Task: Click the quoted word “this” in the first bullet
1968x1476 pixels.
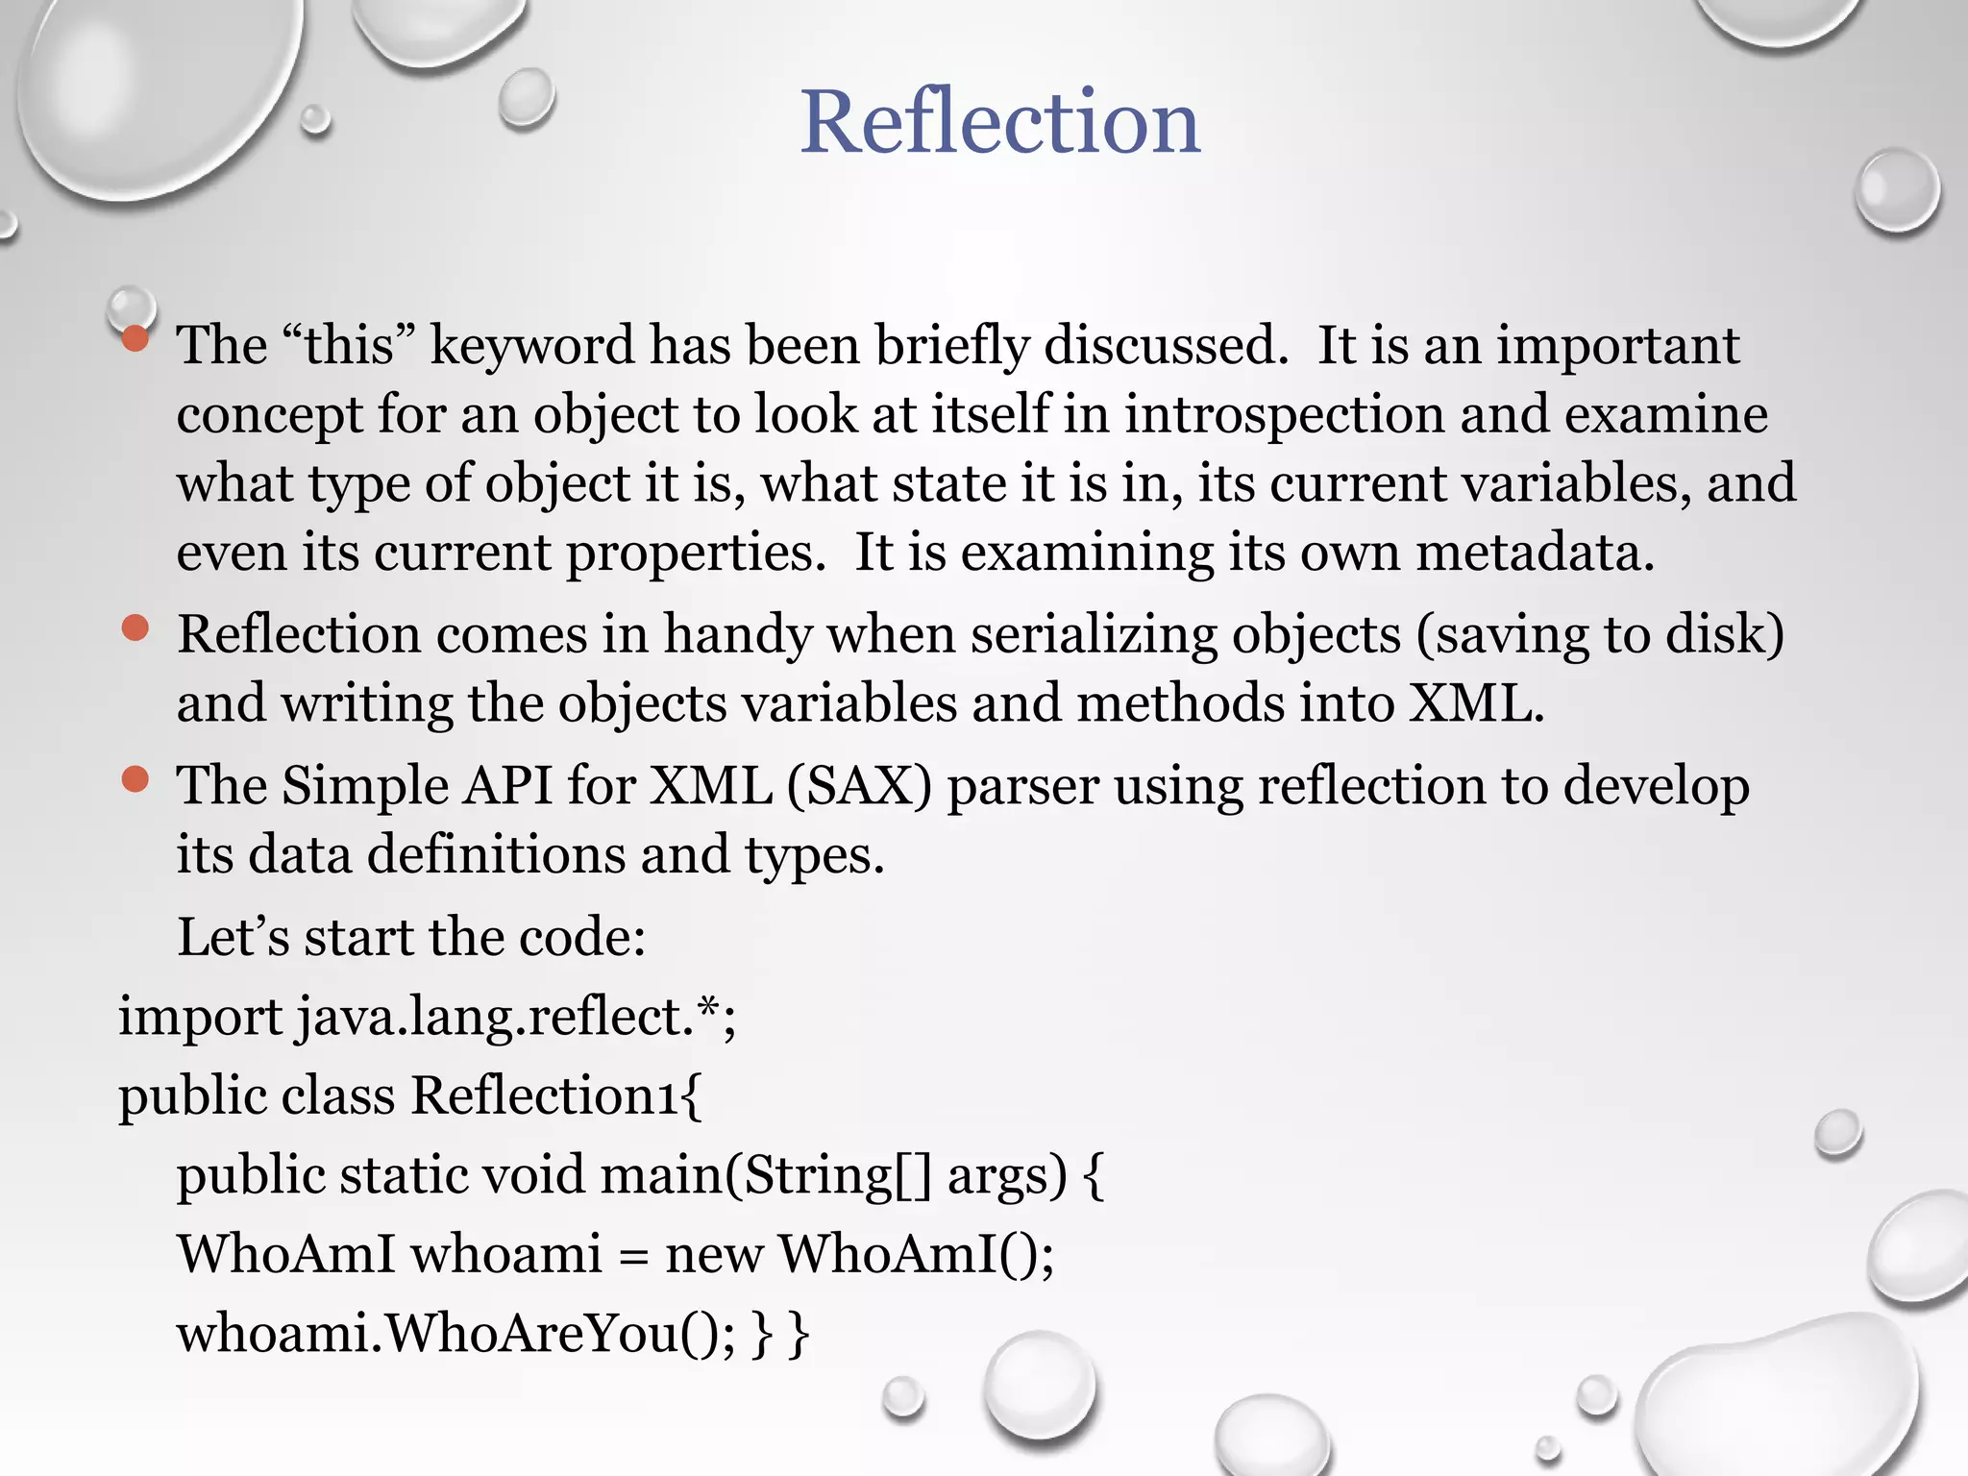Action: click(349, 344)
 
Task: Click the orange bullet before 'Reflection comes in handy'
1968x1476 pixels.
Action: click(135, 628)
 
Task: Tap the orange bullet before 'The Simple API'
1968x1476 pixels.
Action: click(135, 779)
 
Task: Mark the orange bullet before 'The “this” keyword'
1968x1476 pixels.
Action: click(135, 338)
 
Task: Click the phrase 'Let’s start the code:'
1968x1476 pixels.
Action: click(411, 937)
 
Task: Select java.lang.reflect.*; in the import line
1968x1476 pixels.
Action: click(516, 1017)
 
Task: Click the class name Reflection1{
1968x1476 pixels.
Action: click(556, 1095)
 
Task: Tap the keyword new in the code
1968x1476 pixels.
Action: click(713, 1255)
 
